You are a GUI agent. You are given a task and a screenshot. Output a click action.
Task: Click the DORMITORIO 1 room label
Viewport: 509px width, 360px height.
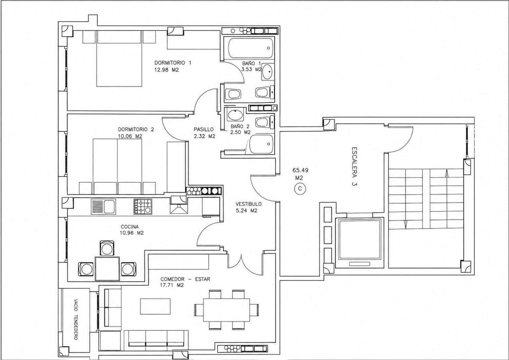click(173, 62)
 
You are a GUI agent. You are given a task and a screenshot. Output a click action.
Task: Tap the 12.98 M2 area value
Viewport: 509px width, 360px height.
click(167, 70)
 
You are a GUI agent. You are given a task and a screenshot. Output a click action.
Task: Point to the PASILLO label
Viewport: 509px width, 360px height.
click(204, 129)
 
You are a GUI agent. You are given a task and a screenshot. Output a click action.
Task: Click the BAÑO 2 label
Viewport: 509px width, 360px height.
click(240, 126)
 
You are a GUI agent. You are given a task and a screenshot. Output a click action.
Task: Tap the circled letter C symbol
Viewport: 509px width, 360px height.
click(300, 188)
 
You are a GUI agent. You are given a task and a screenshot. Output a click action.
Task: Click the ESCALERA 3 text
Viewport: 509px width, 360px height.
click(354, 166)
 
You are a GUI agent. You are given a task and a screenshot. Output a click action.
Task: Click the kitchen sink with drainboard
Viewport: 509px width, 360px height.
click(103, 206)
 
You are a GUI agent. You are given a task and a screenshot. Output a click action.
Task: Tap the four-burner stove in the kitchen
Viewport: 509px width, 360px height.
click(143, 206)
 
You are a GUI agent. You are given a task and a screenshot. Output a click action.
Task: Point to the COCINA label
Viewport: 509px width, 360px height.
click(130, 227)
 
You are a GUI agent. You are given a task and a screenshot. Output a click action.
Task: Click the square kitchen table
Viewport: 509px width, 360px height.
click(108, 269)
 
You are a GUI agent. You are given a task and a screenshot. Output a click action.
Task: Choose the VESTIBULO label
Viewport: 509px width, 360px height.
click(249, 204)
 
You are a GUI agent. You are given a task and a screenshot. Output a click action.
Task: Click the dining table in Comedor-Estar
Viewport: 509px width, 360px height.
click(226, 309)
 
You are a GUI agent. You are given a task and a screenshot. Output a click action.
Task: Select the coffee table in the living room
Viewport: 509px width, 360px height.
click(155, 306)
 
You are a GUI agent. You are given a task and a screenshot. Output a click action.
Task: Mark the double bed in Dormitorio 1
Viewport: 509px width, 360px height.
click(119, 58)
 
